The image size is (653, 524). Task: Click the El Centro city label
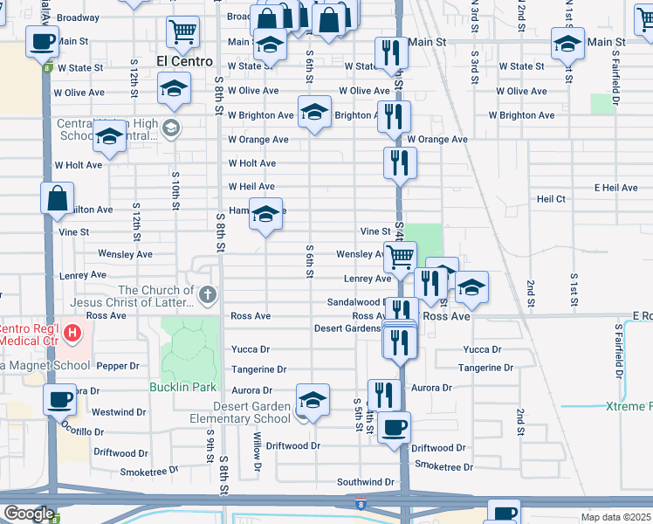(184, 61)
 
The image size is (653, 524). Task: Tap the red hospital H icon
(72, 333)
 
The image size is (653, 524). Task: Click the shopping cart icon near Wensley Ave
(400, 257)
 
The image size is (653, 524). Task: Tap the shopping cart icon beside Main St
(183, 31)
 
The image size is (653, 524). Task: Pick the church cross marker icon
(206, 294)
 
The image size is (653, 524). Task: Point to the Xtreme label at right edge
(629, 407)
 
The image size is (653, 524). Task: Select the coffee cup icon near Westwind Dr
(59, 399)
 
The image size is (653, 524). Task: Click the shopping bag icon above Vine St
(57, 197)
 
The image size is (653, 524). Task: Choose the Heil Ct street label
(551, 199)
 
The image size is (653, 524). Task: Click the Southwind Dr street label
(366, 482)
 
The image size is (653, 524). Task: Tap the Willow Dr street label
(258, 452)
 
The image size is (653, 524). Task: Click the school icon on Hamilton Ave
(265, 214)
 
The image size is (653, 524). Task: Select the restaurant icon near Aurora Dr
(384, 394)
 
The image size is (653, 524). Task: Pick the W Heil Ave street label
(251, 187)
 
